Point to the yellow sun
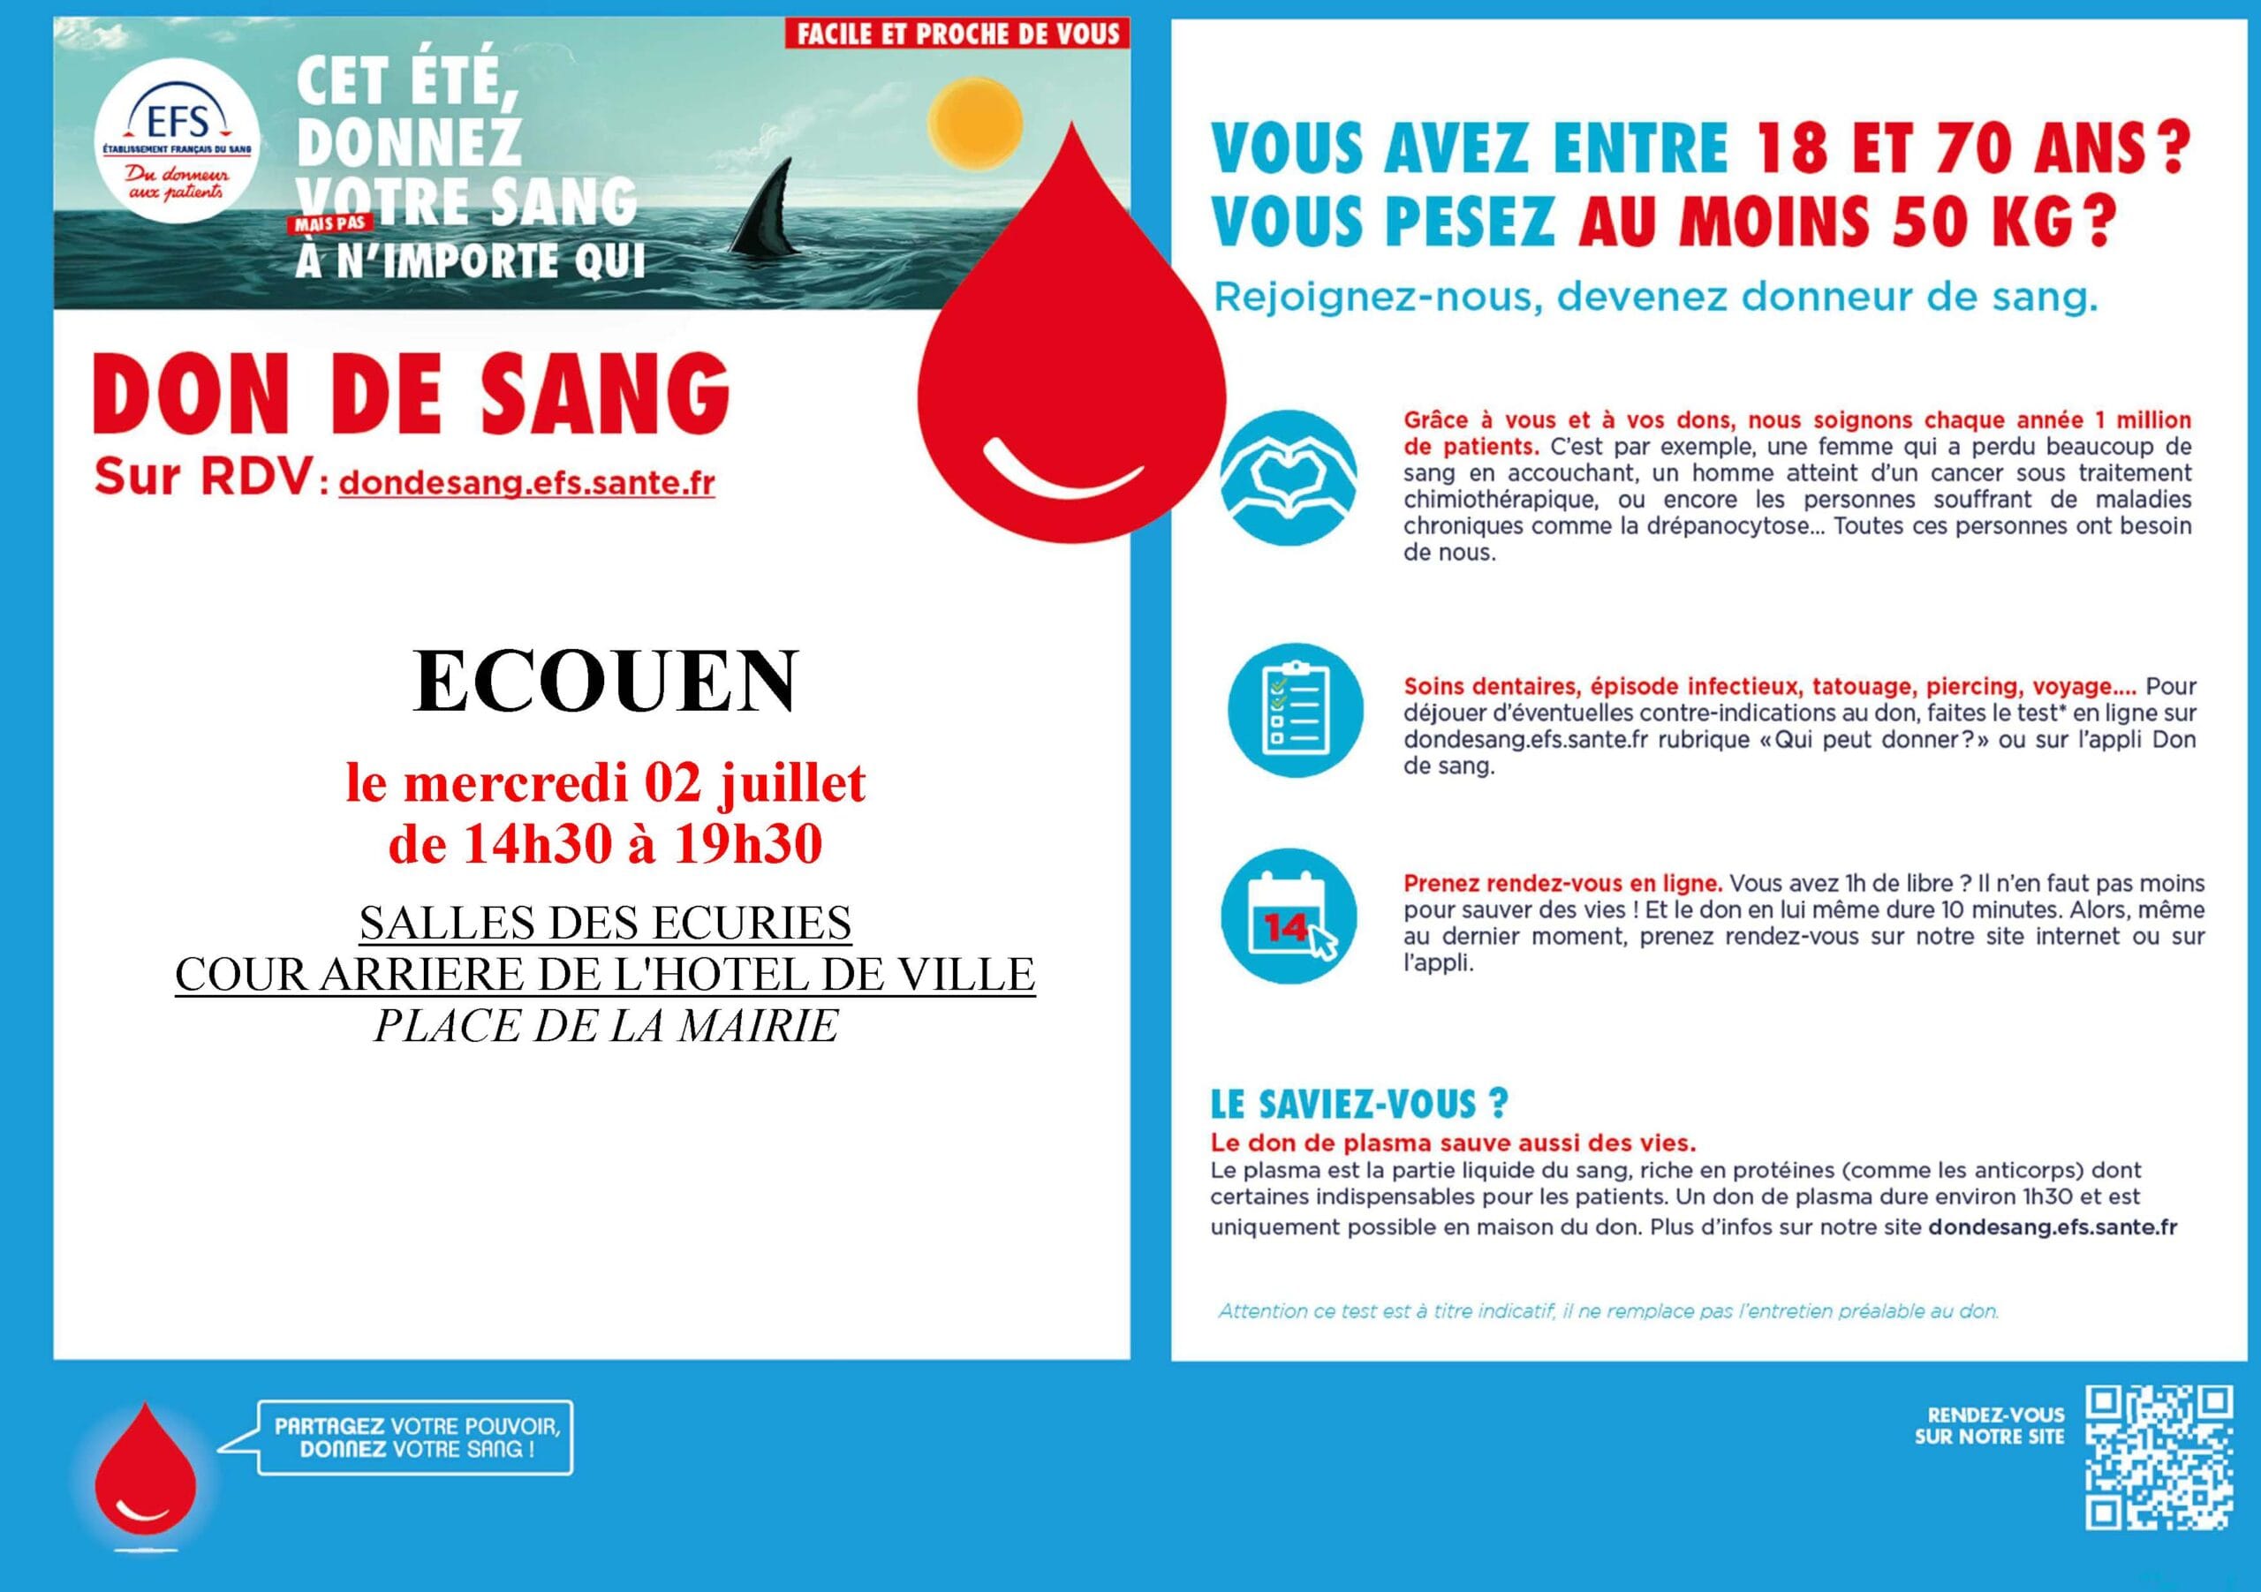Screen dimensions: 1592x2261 [x=977, y=123]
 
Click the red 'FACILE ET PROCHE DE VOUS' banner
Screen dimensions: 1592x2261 [x=957, y=34]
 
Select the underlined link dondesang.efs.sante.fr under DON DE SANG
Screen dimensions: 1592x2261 [x=527, y=483]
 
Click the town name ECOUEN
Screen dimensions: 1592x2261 [x=605, y=682]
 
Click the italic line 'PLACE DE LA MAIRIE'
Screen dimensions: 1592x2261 [x=606, y=1026]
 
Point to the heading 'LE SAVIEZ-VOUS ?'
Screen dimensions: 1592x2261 [x=1359, y=1105]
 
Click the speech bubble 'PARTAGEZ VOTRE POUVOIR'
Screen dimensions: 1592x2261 [x=416, y=1437]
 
